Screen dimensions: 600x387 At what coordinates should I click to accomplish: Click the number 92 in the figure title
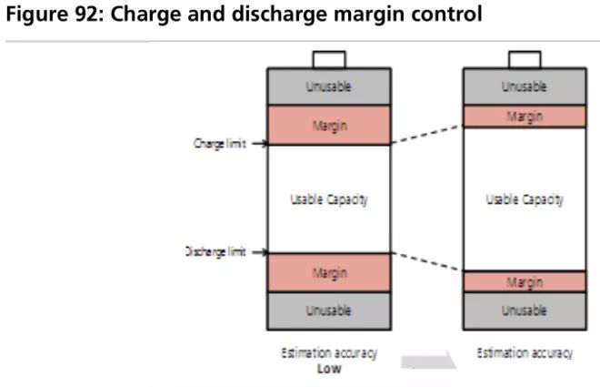coord(85,15)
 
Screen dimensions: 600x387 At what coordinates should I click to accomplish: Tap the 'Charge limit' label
coord(220,144)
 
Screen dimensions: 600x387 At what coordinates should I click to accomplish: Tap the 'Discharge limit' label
coord(215,251)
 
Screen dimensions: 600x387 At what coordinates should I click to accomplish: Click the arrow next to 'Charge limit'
coord(260,144)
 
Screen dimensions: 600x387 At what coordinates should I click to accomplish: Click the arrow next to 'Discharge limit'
coord(260,252)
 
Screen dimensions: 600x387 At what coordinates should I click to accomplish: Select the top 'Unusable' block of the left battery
coord(329,87)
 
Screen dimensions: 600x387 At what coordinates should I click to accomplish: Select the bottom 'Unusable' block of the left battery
coord(329,311)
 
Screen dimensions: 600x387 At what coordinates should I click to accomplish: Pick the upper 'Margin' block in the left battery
coord(329,125)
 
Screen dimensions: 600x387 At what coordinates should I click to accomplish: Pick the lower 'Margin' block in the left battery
coord(329,273)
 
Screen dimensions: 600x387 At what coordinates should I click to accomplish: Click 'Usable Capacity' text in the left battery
coord(329,199)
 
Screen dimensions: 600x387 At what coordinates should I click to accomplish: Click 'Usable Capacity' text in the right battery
coord(525,199)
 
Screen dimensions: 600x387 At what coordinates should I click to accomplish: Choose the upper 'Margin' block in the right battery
coord(525,117)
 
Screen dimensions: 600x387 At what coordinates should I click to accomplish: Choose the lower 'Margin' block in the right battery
coord(525,281)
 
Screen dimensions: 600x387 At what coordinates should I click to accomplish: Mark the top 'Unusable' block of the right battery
coord(525,87)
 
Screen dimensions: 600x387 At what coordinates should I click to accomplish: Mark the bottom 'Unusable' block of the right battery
coord(525,311)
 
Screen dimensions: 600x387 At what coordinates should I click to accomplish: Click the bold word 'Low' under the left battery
coord(329,369)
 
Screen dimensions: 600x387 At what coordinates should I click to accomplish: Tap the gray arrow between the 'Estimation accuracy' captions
coord(428,361)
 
